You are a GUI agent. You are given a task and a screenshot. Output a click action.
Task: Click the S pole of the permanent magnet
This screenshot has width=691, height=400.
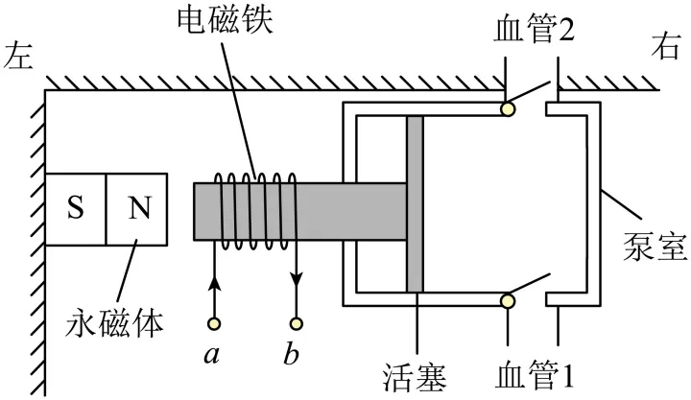coord(75,208)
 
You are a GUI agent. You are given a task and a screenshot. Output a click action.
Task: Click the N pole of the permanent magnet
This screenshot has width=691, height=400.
coord(136,208)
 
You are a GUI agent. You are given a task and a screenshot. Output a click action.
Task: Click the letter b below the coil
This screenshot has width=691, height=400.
coord(291,354)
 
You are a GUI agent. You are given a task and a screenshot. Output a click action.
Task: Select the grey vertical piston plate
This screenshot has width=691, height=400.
coord(415,203)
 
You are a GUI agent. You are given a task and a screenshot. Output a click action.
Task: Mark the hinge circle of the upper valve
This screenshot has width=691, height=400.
coord(507,109)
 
